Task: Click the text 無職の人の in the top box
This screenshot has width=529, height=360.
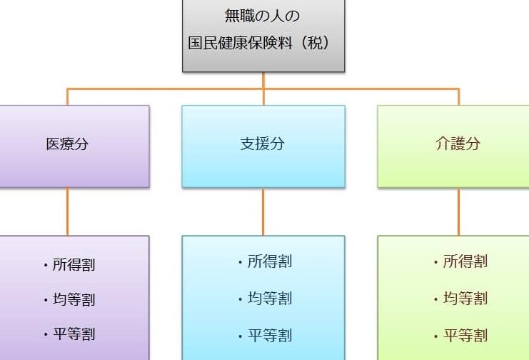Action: click(x=263, y=15)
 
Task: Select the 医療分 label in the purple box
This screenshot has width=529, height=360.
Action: click(x=67, y=144)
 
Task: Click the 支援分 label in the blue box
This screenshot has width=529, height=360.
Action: click(x=263, y=144)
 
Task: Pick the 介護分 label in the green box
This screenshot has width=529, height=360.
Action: click(x=458, y=144)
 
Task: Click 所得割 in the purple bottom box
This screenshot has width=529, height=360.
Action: click(x=74, y=265)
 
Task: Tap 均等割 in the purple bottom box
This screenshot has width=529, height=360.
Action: click(x=74, y=299)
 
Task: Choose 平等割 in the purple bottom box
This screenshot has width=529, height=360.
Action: click(x=74, y=334)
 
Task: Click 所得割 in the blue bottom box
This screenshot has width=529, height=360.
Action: click(x=270, y=261)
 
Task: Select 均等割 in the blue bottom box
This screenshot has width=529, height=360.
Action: click(x=270, y=298)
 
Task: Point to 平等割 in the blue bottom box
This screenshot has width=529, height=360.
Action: click(x=270, y=335)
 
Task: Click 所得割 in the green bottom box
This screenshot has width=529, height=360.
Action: click(x=465, y=261)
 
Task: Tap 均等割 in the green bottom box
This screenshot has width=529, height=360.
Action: click(x=465, y=298)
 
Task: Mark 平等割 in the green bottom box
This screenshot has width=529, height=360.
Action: click(x=465, y=335)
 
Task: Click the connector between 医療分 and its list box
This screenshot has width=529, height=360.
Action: click(x=68, y=211)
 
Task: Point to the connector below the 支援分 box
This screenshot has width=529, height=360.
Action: click(x=263, y=211)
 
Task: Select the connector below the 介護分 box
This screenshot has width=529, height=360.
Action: click(x=459, y=211)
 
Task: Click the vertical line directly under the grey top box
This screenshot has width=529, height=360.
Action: click(x=263, y=80)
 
